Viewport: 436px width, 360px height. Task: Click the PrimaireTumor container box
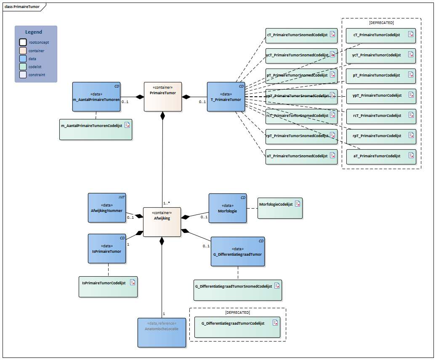163,97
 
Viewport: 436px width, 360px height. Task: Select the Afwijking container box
162,222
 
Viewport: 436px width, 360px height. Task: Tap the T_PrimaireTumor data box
226,97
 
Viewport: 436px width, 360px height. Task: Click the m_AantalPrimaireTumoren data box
96,97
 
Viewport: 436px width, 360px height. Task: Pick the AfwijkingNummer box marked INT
107,207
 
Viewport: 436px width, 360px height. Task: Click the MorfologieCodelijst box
280,208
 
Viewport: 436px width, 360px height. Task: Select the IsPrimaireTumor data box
106,249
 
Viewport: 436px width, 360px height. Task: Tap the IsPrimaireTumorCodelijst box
108,287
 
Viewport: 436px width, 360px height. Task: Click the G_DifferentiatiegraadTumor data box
237,251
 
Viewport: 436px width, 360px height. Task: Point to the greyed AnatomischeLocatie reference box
162,332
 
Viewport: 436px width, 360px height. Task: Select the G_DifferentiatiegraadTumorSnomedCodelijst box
237,290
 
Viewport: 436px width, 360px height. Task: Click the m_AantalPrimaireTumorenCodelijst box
96,129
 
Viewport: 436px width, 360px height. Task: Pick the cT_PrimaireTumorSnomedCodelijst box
301,35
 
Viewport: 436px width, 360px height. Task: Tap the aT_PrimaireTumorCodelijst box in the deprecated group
380,156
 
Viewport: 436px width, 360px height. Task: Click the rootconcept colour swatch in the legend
23,42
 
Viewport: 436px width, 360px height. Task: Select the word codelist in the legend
35,66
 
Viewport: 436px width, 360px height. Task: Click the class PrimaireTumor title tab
22,7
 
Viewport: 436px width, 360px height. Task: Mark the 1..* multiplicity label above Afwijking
167,203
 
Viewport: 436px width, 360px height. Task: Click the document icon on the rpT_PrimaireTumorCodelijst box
411,135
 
